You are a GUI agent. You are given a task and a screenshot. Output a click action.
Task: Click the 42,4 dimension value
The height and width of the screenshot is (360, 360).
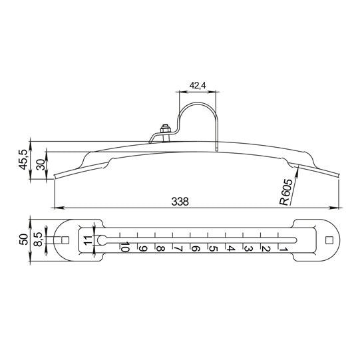click(198, 85)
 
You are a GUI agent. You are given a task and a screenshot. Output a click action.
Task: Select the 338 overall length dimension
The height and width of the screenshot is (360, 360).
click(180, 202)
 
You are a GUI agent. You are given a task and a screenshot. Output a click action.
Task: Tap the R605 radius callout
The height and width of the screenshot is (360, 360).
click(286, 192)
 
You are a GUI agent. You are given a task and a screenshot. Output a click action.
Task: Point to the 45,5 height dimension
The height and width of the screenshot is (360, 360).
click(23, 159)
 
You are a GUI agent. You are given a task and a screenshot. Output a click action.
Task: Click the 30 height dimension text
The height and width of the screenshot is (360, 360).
click(41, 164)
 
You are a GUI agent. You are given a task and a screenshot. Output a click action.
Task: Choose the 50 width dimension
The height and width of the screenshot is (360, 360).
click(23, 240)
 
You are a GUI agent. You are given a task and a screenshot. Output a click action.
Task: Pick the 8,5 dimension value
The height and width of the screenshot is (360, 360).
click(39, 240)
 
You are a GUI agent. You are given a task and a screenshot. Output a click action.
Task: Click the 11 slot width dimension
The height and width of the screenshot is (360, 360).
click(88, 240)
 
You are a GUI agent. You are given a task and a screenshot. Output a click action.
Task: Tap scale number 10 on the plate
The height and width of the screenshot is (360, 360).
click(125, 247)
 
